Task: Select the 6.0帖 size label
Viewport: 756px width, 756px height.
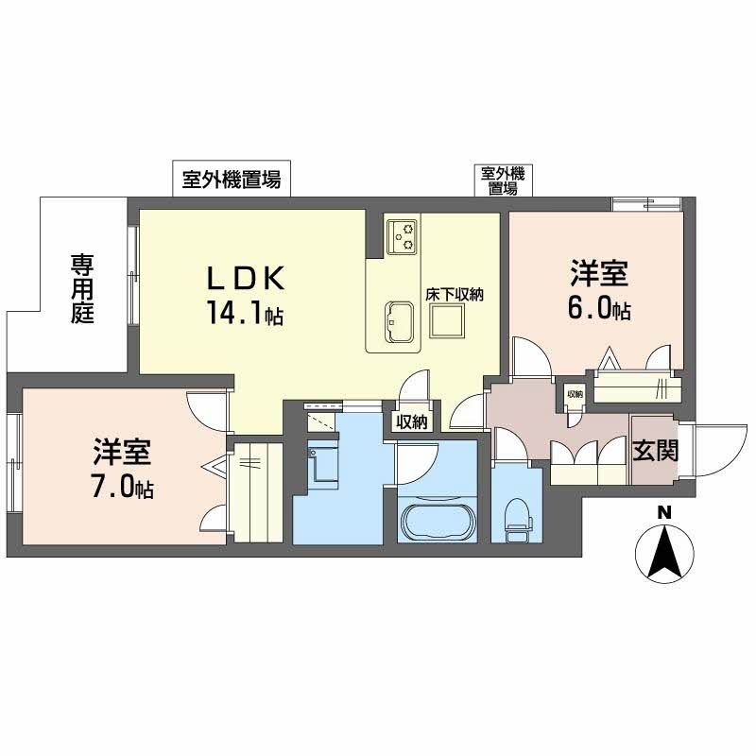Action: pyautogui.click(x=598, y=309)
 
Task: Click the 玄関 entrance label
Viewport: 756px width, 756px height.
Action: pyautogui.click(x=655, y=451)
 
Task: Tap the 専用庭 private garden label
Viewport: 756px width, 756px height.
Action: pyautogui.click(x=82, y=287)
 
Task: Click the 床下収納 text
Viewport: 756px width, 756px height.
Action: pyautogui.click(x=455, y=295)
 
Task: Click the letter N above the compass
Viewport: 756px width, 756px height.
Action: pyautogui.click(x=664, y=512)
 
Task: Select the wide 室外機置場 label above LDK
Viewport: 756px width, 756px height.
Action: pyautogui.click(x=232, y=179)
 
